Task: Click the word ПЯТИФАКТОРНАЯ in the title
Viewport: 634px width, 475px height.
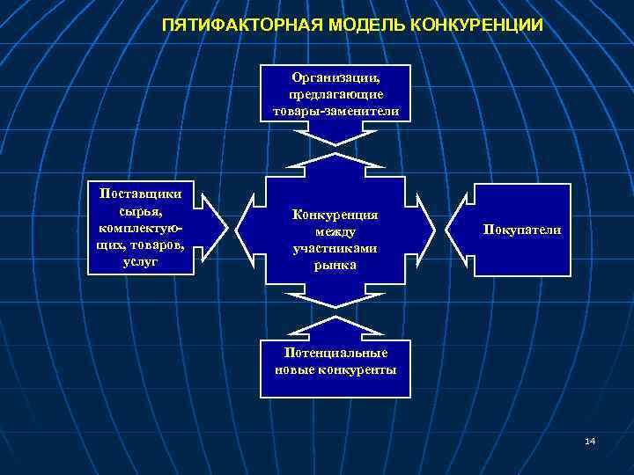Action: pyautogui.click(x=232, y=25)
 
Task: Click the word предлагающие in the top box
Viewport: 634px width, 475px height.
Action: pyautogui.click(x=335, y=95)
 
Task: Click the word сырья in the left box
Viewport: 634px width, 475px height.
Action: pyautogui.click(x=137, y=211)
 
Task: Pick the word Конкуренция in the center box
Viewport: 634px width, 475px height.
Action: pyautogui.click(x=335, y=215)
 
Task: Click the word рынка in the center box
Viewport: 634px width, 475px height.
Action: pyautogui.click(x=335, y=265)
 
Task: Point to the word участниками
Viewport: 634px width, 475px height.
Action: pyautogui.click(x=335, y=248)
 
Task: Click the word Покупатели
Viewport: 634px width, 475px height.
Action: pyautogui.click(x=521, y=229)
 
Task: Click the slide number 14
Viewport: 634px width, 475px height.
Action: pyautogui.click(x=590, y=440)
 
